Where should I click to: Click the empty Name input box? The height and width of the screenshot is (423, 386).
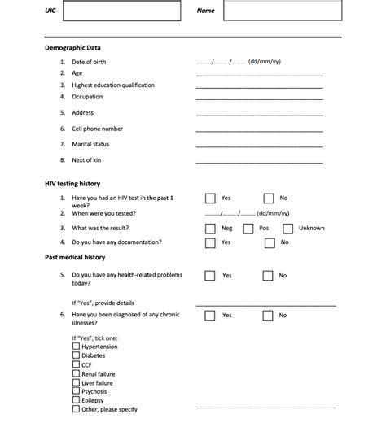(279, 11)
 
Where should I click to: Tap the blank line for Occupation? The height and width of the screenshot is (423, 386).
(259, 98)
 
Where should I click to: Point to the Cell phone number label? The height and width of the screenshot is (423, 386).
(97, 129)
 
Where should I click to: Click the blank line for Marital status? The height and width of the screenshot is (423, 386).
(259, 146)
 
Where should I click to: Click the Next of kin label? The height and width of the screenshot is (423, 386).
(86, 160)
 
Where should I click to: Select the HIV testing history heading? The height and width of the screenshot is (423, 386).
(72, 184)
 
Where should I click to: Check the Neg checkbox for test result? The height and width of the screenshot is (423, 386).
(210, 229)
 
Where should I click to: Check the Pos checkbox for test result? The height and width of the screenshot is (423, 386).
(248, 229)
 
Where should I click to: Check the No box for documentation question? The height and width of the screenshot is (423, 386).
(269, 242)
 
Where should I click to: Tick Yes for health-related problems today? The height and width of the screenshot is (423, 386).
(210, 276)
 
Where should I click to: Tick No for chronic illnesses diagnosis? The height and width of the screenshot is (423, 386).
(269, 315)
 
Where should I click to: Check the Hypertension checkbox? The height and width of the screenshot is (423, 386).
(77, 347)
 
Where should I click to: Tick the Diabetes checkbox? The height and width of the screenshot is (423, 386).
(77, 355)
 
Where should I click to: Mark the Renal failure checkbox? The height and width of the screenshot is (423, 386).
(77, 373)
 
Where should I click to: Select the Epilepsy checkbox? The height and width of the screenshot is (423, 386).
(77, 400)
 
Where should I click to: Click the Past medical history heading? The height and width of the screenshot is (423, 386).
(74, 257)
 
